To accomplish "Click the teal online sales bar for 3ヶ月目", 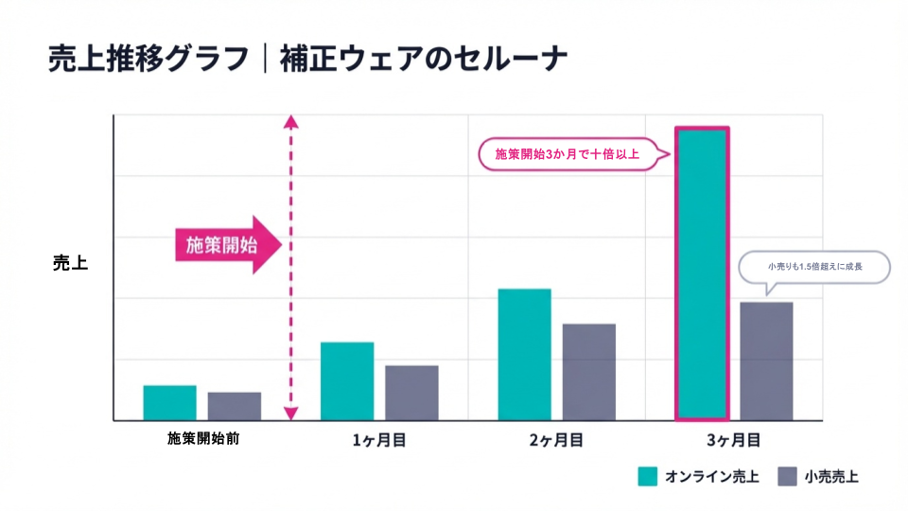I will pos(701,273).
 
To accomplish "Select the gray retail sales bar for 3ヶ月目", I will pos(766,361).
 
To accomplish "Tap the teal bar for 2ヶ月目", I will pos(524,354).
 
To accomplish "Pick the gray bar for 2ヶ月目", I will pos(588,372).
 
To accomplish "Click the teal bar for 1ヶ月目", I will pos(347,380).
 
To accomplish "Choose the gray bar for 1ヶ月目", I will pos(411,393).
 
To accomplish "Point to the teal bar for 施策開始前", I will pos(169,402).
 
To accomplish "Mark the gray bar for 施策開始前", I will pos(235,406).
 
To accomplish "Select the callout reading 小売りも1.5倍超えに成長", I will pos(814,267).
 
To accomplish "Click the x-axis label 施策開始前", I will pos(202,439).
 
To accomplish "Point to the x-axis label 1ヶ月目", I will pos(379,440).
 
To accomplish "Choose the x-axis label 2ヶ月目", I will pos(556,440).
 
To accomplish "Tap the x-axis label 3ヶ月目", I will pos(734,440).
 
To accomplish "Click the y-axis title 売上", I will pos(70,263).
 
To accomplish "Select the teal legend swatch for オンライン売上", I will pos(648,476).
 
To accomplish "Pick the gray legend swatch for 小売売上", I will pos(788,476).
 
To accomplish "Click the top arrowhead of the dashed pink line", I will pos(291,121).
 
